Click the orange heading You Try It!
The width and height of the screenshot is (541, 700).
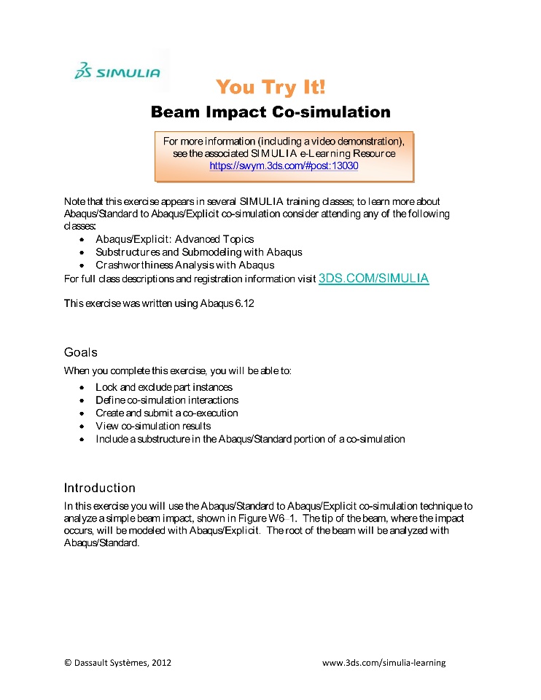[270, 88]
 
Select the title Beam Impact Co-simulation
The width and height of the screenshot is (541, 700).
[270, 112]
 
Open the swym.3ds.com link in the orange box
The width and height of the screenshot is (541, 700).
[284, 166]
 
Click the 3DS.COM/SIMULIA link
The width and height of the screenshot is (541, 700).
[373, 279]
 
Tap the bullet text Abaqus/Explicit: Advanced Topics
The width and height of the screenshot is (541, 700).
[174, 239]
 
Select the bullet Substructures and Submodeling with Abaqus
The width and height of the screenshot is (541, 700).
[198, 252]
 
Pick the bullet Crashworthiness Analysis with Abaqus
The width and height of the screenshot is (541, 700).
[184, 265]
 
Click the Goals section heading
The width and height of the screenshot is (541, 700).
[80, 352]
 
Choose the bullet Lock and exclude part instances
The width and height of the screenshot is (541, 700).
[164, 387]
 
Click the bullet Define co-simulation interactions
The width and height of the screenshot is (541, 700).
[167, 400]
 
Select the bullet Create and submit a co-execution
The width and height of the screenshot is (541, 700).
[167, 413]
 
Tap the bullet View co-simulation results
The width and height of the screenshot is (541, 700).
[153, 427]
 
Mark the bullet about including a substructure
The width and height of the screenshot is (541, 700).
[250, 440]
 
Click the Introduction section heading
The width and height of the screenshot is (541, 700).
[99, 488]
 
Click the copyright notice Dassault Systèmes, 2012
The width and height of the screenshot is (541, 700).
[118, 663]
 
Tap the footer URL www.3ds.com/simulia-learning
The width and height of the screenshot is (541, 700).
[384, 663]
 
